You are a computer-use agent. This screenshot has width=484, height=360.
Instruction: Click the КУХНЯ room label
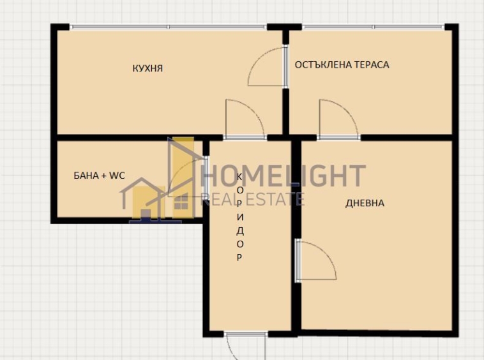(147, 68)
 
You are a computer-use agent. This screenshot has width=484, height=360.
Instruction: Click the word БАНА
(86, 174)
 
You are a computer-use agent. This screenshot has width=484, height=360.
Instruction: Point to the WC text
(117, 174)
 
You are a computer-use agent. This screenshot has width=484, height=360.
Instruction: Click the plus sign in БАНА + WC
(104, 174)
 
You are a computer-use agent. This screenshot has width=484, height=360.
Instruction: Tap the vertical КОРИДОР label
(239, 217)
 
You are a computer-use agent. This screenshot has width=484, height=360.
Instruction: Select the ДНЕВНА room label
(365, 203)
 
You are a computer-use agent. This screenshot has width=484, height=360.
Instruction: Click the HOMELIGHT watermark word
(284, 176)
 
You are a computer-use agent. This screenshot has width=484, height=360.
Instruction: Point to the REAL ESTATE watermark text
(252, 200)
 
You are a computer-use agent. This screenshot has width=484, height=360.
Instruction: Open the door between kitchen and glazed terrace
(267, 67)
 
